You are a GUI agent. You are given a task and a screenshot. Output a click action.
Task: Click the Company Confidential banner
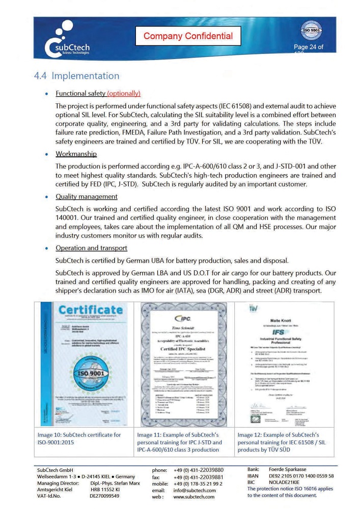188,36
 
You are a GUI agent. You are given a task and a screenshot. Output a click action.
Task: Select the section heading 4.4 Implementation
76,76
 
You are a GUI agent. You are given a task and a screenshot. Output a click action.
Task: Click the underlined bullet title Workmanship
76,154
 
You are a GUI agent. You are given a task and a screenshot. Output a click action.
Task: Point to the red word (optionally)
124,93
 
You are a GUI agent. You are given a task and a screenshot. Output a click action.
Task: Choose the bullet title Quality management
87,196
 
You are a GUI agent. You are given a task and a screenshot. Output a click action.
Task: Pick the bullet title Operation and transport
91,248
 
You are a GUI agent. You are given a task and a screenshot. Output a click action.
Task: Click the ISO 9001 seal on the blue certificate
90,375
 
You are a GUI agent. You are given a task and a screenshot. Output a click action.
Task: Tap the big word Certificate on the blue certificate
91,310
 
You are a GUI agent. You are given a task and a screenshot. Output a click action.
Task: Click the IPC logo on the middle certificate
183,319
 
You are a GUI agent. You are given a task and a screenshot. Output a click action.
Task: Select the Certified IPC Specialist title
183,349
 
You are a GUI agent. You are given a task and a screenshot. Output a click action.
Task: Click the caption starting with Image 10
79,438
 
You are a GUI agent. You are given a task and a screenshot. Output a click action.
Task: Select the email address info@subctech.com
194,490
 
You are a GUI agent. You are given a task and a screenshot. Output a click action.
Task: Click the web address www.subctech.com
194,497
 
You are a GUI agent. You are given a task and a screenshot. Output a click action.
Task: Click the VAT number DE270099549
104,495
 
